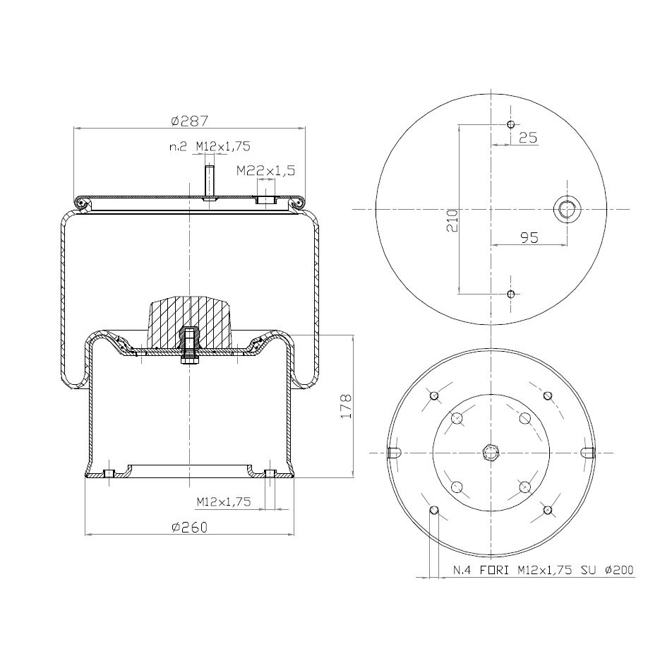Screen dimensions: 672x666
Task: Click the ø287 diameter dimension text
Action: click(x=189, y=121)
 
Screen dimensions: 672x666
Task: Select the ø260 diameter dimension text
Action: click(x=189, y=527)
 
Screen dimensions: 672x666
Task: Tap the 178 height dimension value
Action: click(x=346, y=405)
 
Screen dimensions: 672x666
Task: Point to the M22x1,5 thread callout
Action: click(x=265, y=171)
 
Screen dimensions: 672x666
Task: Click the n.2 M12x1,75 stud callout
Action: click(x=210, y=147)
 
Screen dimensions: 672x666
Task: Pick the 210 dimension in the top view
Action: click(x=452, y=220)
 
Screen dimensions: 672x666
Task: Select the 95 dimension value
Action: click(x=529, y=237)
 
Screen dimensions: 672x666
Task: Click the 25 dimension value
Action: click(x=527, y=138)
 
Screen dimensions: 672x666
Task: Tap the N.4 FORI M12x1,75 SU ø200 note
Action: click(x=544, y=570)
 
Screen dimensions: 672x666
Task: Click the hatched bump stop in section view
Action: click(x=190, y=322)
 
